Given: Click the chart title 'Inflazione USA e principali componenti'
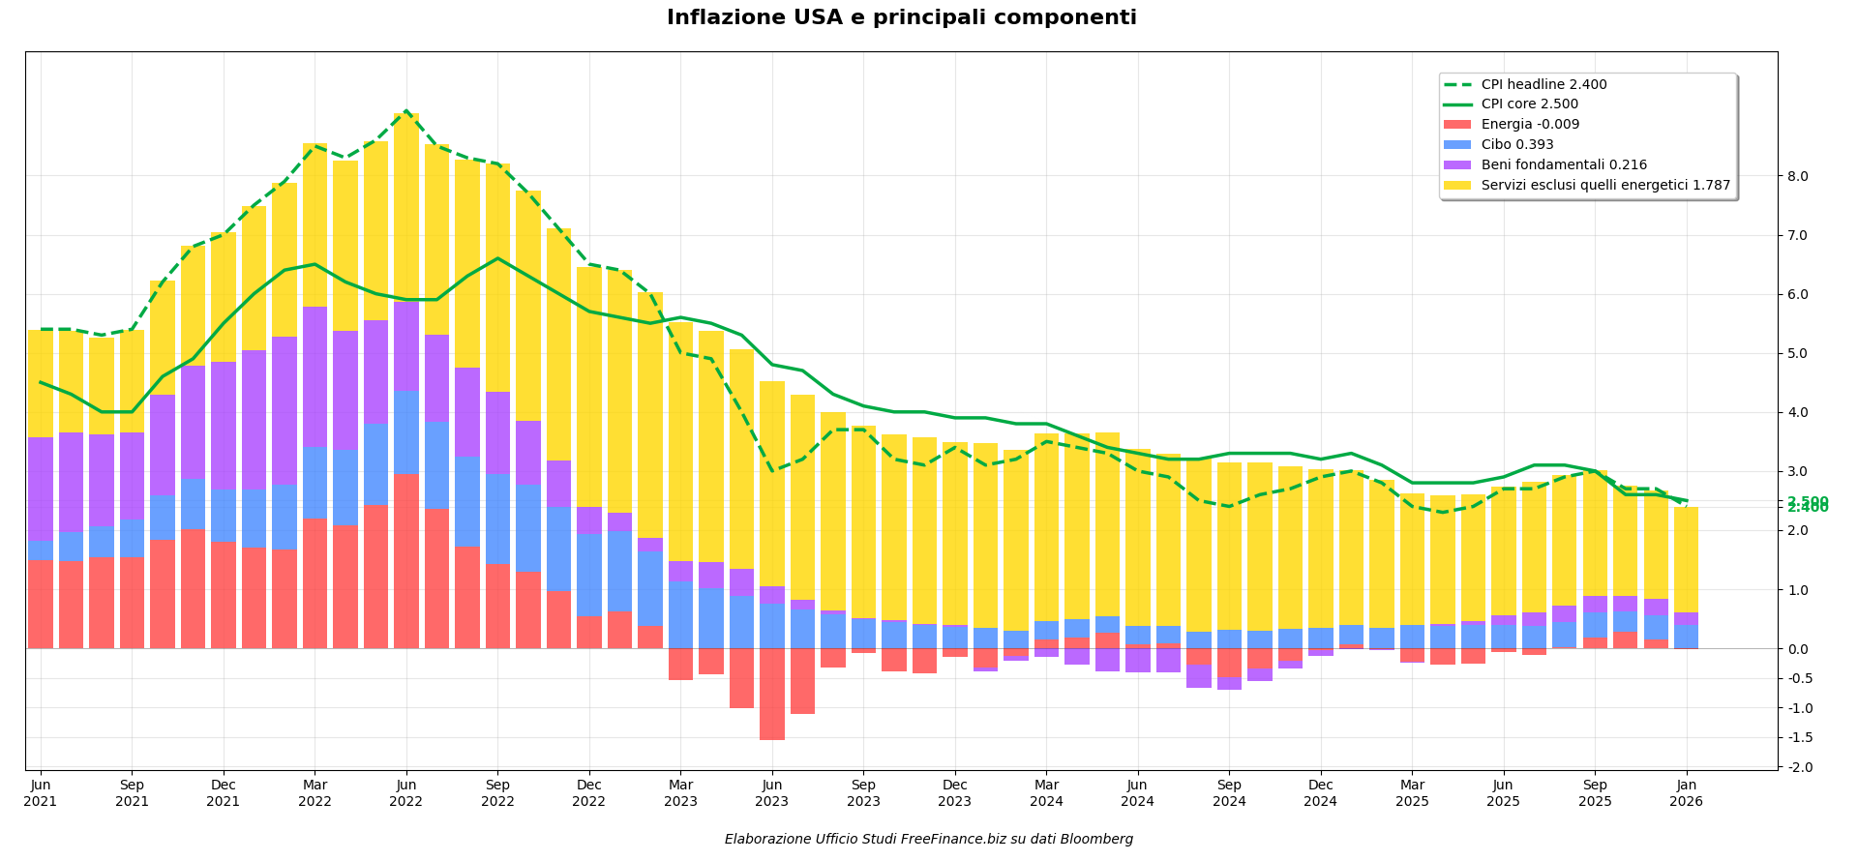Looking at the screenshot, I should click(x=901, y=18).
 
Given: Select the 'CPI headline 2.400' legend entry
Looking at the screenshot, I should click(x=1543, y=85).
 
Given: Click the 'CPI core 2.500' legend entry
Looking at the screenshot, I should click(x=1529, y=104).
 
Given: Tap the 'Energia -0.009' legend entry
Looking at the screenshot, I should click(x=1530, y=125).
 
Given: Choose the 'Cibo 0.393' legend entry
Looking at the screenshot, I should click(x=1517, y=145).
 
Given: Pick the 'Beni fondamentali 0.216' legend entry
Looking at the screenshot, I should click(x=1564, y=165).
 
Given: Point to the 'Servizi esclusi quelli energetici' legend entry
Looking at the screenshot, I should click(x=1605, y=186).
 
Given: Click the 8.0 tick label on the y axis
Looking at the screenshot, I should click(x=1797, y=176).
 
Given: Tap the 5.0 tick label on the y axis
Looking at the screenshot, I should click(x=1797, y=353).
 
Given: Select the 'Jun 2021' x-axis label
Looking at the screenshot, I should click(x=41, y=792).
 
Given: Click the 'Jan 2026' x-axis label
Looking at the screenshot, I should click(x=1686, y=792).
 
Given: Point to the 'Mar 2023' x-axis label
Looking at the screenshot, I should click(x=680, y=792).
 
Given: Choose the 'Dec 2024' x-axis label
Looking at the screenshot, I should click(x=1320, y=792).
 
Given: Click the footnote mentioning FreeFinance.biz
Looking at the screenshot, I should click(x=928, y=840).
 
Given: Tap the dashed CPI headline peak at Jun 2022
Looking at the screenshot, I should click(x=406, y=111).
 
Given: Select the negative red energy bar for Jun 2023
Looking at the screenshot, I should click(x=772, y=694).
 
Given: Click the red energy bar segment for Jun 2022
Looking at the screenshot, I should click(x=406, y=560).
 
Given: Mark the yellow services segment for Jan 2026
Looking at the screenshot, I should click(x=1686, y=559).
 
